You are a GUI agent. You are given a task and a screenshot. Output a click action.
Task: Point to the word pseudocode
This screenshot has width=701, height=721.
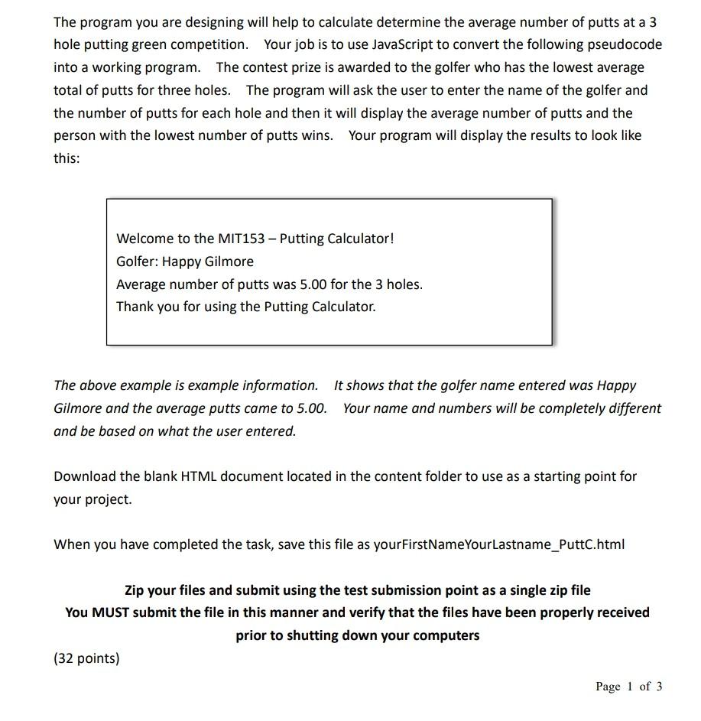[x=625, y=44]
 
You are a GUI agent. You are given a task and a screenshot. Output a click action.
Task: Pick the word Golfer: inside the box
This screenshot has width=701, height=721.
[x=137, y=261]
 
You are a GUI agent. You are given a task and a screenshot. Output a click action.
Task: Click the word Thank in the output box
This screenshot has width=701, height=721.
[x=135, y=307]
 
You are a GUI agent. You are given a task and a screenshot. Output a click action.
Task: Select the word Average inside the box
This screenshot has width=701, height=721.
[x=141, y=284]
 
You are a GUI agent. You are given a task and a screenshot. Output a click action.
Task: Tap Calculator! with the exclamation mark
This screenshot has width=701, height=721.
[x=361, y=239]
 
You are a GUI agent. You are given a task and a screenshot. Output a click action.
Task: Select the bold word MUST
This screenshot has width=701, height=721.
[x=110, y=612]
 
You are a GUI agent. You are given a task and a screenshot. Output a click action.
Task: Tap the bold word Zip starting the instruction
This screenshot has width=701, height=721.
[x=136, y=590]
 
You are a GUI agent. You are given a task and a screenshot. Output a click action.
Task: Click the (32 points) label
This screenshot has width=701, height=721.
[x=86, y=658]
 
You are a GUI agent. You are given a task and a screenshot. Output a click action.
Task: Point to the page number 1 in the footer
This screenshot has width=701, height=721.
[x=630, y=687]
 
